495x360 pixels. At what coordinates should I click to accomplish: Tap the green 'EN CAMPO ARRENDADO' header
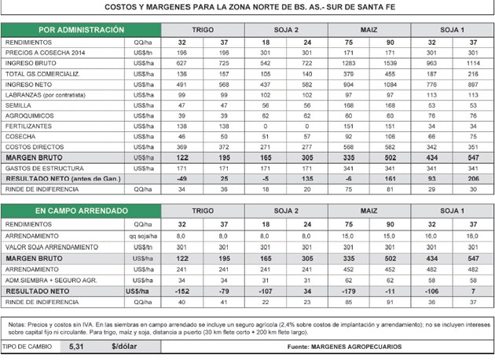[64, 211]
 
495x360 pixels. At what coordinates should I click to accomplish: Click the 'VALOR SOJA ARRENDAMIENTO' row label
[49, 245]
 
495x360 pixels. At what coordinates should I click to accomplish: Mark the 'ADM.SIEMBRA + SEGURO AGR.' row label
[51, 278]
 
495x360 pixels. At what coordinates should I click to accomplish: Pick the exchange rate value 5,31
[76, 347]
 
